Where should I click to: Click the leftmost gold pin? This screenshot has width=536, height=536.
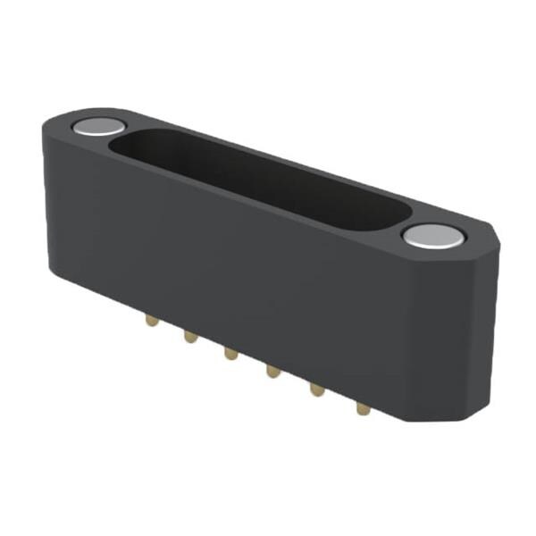150,318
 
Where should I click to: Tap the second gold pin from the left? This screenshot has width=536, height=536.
189,336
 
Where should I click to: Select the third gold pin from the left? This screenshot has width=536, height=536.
230,353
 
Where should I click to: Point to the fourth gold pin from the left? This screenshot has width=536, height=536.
272,369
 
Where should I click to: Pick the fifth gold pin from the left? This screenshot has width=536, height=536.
315,389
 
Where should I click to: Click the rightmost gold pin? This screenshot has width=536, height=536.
362,408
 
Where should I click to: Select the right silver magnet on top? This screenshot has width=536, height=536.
432,236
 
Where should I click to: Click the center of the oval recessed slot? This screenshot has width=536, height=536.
259,179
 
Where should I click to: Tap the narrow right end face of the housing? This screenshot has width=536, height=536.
482,331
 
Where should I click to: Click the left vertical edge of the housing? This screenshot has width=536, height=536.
45,205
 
